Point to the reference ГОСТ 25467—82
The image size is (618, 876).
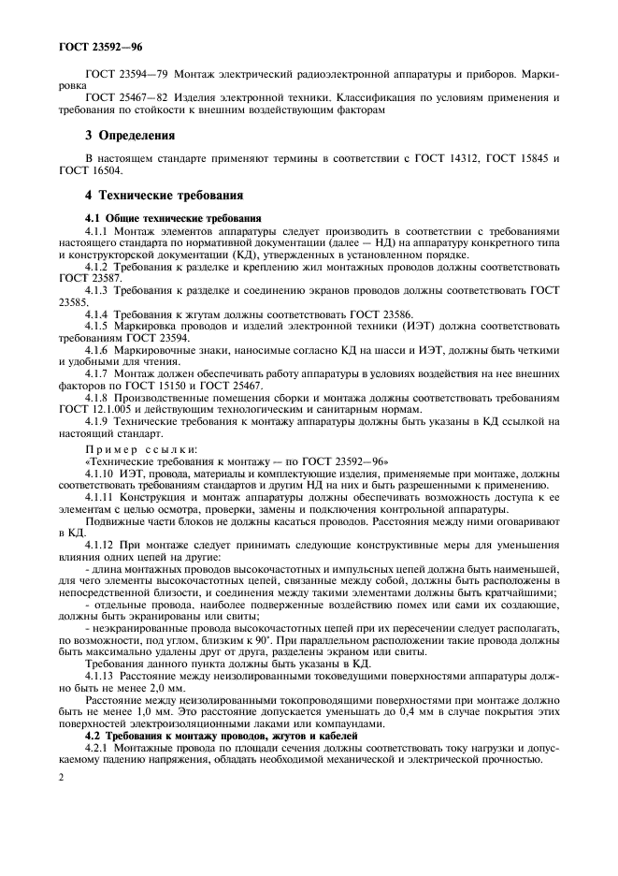[x=119, y=96]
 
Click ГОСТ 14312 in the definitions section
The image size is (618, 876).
[x=451, y=158]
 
